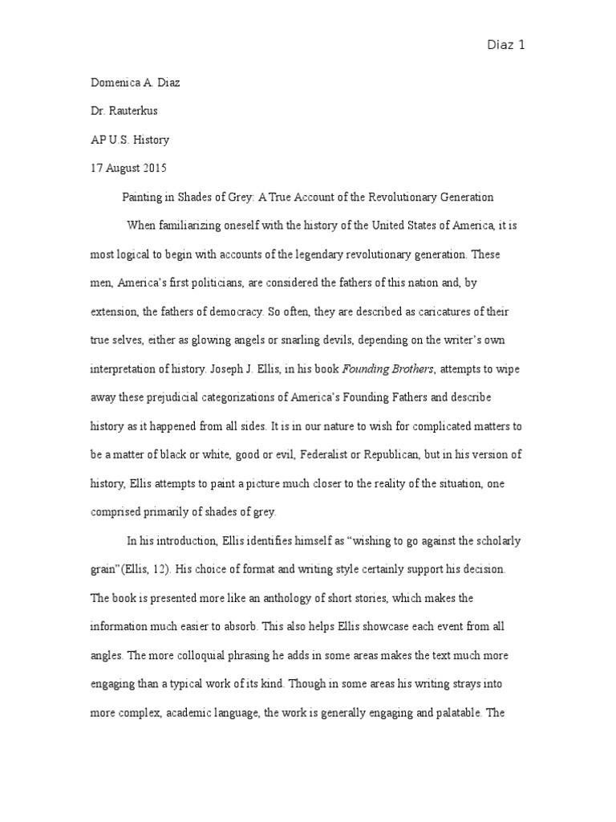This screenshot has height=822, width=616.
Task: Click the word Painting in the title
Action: [142, 196]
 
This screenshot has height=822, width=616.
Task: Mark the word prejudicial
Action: [182, 398]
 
